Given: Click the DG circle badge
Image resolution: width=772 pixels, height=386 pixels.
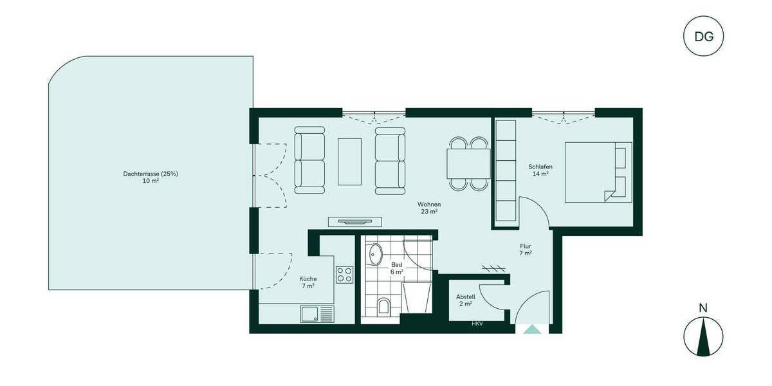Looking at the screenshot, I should pos(703,36).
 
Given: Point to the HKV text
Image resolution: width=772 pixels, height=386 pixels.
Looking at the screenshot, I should pos(477,324).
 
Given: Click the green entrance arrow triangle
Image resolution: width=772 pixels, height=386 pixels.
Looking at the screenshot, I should pos(532,329).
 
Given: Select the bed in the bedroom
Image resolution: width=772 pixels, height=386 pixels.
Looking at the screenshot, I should pos(598,172).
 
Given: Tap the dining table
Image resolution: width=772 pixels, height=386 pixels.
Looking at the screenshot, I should pos(468,163).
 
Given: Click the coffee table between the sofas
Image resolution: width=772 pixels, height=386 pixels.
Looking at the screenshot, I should pos(349,161).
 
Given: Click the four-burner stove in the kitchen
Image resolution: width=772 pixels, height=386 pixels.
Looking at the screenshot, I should pos(344,275).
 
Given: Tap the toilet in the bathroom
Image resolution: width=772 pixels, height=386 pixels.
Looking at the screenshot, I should pos(384,306).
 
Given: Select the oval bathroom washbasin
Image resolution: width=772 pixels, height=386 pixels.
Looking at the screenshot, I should pos(375,255).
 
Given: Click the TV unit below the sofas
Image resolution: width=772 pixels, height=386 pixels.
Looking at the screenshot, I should pos(356,222).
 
